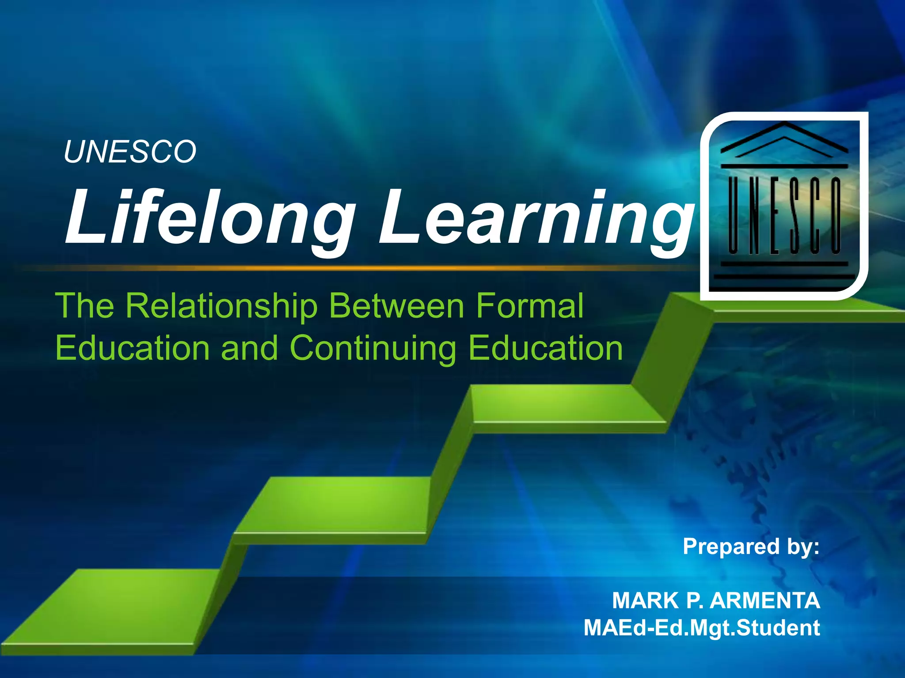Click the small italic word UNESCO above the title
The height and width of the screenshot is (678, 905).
pos(130,152)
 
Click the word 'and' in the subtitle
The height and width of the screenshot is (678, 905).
pos(249,348)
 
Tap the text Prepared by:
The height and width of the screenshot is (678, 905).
pos(751,546)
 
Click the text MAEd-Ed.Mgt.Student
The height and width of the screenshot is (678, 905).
pos(702,628)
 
